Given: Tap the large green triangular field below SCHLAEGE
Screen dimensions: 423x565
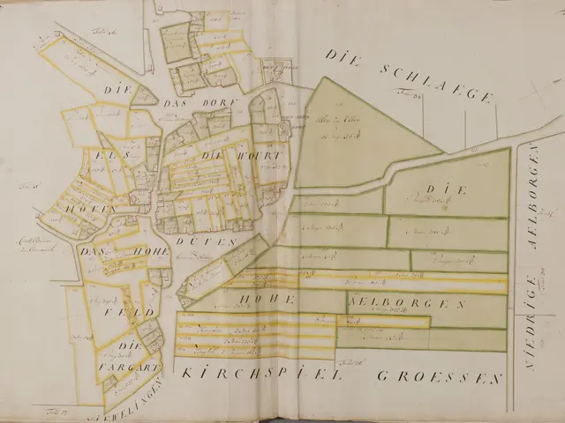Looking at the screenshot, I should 353,132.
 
